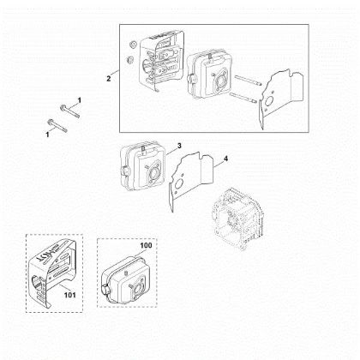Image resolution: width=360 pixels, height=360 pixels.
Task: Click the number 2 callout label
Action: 109,79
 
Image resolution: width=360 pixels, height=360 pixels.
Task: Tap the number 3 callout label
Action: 179,146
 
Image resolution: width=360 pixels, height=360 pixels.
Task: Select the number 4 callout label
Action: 225,159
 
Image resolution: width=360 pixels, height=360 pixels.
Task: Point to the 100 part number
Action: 146,245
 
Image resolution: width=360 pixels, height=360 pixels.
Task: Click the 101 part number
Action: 69,295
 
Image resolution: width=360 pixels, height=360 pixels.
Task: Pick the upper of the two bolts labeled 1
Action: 69,111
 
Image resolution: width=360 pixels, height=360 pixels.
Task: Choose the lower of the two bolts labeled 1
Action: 57,126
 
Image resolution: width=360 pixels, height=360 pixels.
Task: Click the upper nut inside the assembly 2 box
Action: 132,45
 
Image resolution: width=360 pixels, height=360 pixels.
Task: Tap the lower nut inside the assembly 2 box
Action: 129,60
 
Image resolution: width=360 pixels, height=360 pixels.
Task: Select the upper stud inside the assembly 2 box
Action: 248,81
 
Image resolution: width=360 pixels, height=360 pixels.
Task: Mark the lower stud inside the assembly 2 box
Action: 244,98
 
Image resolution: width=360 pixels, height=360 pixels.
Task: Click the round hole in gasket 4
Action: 180,184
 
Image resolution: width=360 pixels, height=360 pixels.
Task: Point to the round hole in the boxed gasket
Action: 269,101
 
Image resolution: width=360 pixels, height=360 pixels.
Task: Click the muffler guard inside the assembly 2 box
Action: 160,61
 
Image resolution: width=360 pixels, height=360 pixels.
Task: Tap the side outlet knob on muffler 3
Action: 125,171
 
